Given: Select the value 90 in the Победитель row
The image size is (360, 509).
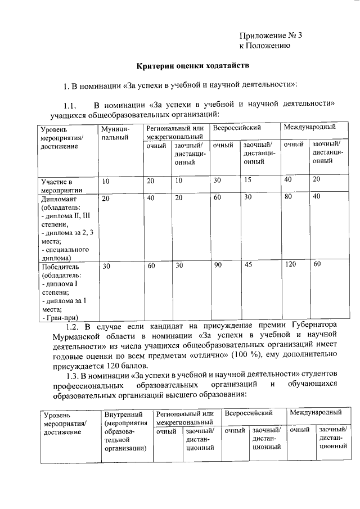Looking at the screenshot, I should pos(218,264).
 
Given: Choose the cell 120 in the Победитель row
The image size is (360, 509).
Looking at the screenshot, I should pos(290,264).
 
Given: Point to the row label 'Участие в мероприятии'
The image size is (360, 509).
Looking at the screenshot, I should pos(57,186).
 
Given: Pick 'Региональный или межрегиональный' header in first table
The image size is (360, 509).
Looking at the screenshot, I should pos(174,133).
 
